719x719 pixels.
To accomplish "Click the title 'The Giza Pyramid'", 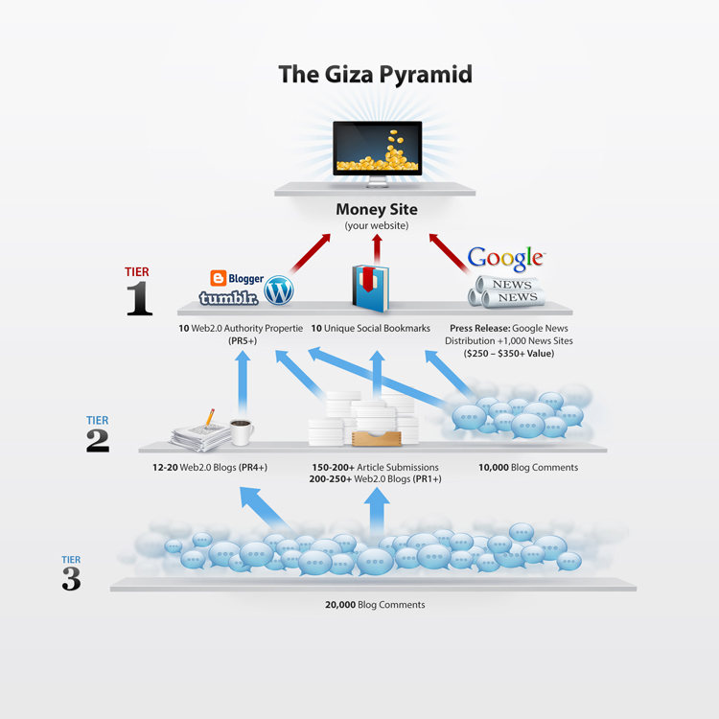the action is tap(375, 74).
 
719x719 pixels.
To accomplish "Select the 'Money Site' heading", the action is tap(377, 210).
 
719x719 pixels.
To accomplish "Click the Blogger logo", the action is tap(237, 278).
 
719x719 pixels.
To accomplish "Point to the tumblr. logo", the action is tap(229, 298).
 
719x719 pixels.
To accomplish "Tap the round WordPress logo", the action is tap(279, 290).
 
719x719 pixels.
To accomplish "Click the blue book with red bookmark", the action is tap(370, 288).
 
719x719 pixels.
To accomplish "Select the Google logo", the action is tap(506, 258).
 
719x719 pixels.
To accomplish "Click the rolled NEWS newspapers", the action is tap(506, 291).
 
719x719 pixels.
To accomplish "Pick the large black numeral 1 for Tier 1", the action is tap(139, 298).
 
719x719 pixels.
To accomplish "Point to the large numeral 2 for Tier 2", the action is tap(98, 441).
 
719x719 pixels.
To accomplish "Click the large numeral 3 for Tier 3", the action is tap(71, 579).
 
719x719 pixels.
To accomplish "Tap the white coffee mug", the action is tap(242, 432).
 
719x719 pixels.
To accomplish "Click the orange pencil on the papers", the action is tap(210, 417).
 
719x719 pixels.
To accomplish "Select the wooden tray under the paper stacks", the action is tap(377, 438).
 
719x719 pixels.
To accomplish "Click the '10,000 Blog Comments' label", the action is tap(528, 467).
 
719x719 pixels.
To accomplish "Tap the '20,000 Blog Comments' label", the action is tap(375, 604).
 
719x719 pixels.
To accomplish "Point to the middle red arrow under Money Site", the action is tap(377, 249).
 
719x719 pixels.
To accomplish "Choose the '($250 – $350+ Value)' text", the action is tap(508, 354).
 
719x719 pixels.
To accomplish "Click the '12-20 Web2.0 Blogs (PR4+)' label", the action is tap(210, 467).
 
